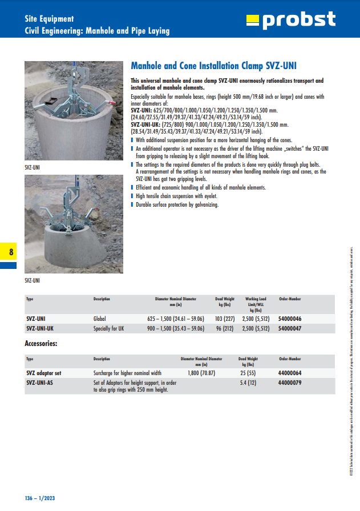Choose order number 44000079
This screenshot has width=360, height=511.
[x=290, y=383]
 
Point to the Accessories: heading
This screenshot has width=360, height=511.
[x=41, y=344]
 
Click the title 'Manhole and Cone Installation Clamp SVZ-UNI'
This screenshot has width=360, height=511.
[x=213, y=66]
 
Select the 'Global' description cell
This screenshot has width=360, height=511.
[x=100, y=319]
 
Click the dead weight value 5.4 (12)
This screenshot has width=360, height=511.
[x=248, y=383]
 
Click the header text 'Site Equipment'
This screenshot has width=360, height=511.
[x=49, y=19]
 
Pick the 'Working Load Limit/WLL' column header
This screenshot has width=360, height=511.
[x=256, y=304]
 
